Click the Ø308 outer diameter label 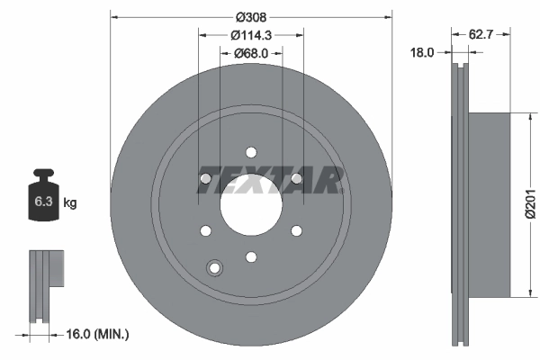[x=250, y=15]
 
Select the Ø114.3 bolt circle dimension [x=250, y=35]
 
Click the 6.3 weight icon [x=41, y=202]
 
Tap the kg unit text [x=70, y=203]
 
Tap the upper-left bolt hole [x=205, y=180]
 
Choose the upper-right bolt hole [x=296, y=180]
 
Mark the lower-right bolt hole [x=296, y=232]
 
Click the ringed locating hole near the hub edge [x=214, y=266]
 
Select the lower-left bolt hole [x=205, y=232]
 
